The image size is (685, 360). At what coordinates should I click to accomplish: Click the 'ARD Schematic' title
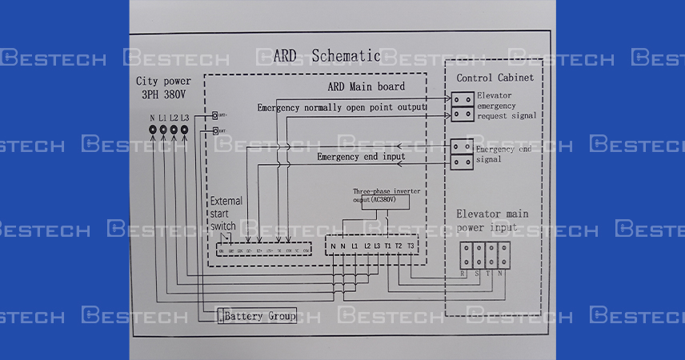click(x=326, y=55)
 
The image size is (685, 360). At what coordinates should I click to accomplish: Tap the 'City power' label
click(x=163, y=81)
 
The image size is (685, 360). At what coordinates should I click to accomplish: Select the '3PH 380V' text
click(x=162, y=93)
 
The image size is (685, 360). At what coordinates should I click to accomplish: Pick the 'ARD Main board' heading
click(x=367, y=86)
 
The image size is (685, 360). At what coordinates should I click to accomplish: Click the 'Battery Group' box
click(x=258, y=316)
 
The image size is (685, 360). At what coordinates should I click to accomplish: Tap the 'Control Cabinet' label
click(x=494, y=78)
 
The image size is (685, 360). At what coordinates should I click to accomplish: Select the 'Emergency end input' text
click(x=361, y=157)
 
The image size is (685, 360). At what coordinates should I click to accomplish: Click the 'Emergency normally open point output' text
click(x=341, y=107)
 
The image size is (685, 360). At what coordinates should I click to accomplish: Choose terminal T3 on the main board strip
click(x=411, y=245)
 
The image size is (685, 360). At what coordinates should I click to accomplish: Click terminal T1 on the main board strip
click(x=388, y=245)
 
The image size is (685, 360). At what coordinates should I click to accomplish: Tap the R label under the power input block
click(x=463, y=274)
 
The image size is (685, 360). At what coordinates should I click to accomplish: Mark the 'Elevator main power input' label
click(x=492, y=221)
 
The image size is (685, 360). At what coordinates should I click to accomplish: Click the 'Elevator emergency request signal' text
click(x=507, y=106)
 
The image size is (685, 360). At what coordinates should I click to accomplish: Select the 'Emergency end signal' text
click(x=503, y=154)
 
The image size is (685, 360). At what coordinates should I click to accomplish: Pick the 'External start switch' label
click(x=226, y=214)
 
